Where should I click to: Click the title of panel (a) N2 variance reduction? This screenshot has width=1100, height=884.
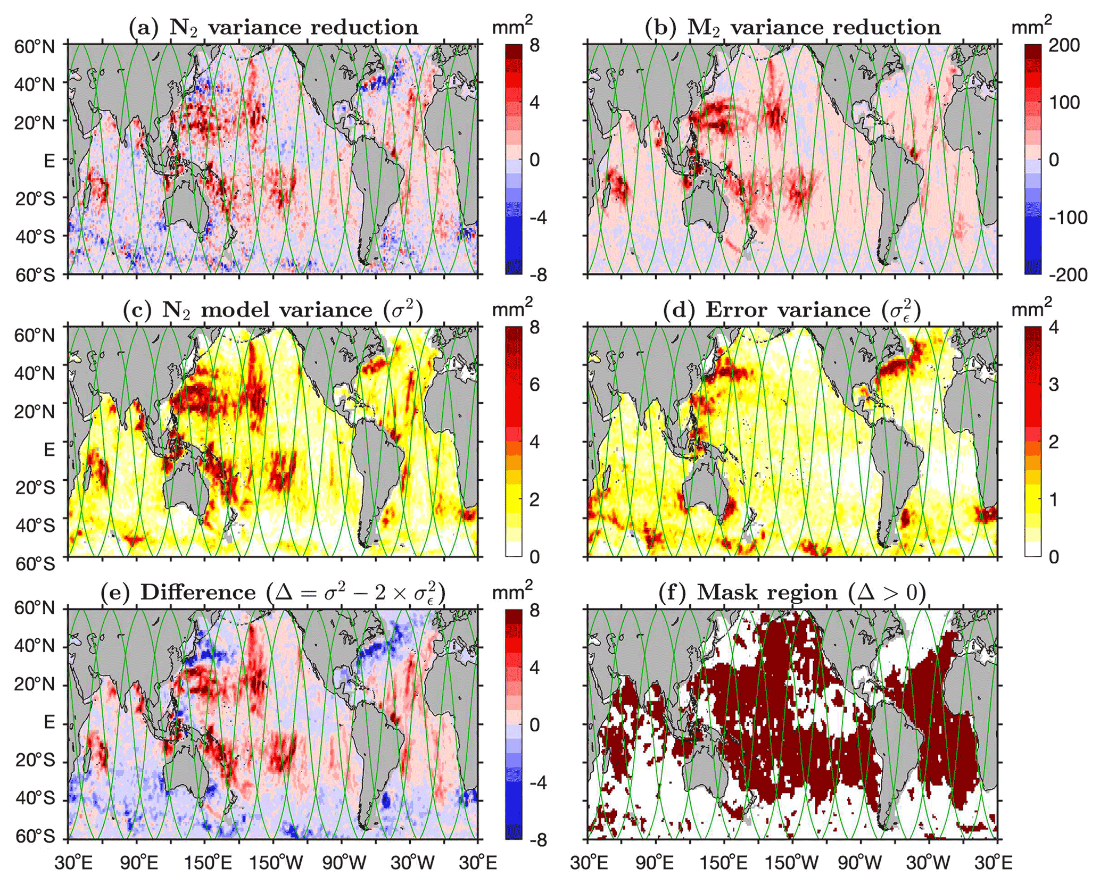(274, 27)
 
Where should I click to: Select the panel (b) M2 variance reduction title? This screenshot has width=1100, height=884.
(792, 27)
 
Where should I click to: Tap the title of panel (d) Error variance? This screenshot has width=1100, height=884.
(792, 310)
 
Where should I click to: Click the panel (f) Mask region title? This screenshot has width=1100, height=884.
(792, 592)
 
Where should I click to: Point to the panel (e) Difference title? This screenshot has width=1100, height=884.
(274, 592)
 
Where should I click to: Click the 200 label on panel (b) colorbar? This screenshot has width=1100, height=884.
(1064, 45)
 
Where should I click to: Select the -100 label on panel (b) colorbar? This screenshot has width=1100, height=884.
(1068, 218)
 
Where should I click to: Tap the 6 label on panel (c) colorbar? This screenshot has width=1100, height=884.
(534, 384)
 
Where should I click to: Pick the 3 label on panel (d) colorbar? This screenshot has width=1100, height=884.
(1053, 384)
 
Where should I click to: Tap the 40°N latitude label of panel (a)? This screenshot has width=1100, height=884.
(35, 84)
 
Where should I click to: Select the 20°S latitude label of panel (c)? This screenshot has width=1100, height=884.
(35, 487)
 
